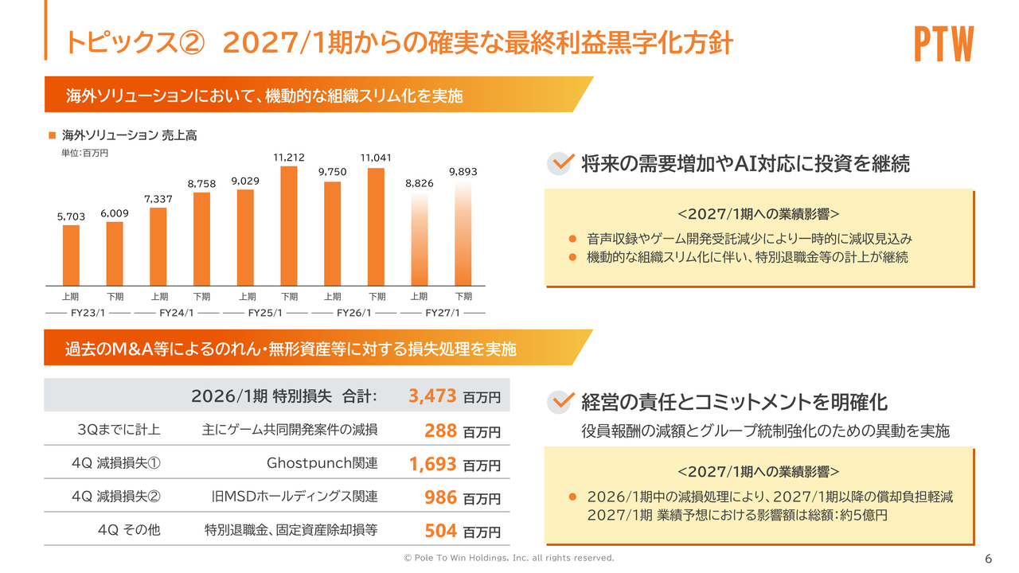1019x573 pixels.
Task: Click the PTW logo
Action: point(944,45)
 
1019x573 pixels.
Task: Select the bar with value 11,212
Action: point(289,226)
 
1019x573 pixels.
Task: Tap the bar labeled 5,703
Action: point(72,255)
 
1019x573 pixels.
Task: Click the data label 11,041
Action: point(376,158)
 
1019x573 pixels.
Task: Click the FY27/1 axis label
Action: point(443,313)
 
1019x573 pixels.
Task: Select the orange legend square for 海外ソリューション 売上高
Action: point(53,135)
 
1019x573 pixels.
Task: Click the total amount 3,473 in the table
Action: point(432,396)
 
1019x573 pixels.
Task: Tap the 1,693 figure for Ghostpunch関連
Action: point(432,464)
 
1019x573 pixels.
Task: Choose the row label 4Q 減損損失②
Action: point(115,497)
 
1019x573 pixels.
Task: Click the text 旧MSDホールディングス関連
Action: point(295,497)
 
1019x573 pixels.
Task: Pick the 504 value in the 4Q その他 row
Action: point(440,530)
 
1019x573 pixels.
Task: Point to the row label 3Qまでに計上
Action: point(119,430)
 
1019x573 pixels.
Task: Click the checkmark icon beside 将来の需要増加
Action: point(561,163)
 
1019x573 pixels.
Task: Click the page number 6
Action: point(989,557)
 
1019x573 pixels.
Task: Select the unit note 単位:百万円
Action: point(84,153)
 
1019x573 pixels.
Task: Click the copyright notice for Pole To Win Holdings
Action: point(509,558)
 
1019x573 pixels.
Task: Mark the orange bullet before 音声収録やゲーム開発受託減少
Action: point(572,238)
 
